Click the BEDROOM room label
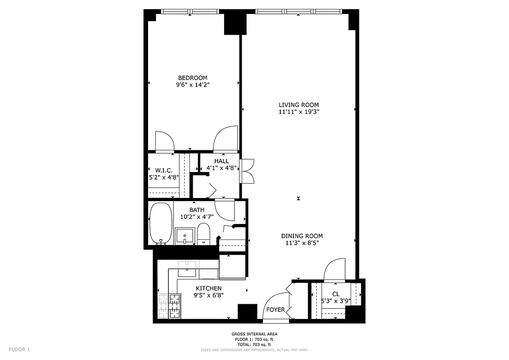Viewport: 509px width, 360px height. coord(192,78)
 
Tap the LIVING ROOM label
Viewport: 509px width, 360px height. coord(298,105)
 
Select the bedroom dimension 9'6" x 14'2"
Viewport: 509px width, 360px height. coord(192,85)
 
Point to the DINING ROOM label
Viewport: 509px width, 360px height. coord(302,236)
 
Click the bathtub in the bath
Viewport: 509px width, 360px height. coord(160,223)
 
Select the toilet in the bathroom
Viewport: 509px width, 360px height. coord(203,233)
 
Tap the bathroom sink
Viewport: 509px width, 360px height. coord(185,235)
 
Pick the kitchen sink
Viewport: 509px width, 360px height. coord(186,269)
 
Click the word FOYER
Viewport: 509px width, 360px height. coord(275,310)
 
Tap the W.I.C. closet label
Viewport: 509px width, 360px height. coord(164,170)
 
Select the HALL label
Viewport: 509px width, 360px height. coord(221,161)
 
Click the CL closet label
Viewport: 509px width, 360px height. coord(336,294)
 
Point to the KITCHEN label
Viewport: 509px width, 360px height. coord(208,288)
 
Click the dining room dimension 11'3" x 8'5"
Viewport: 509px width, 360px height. coord(302,243)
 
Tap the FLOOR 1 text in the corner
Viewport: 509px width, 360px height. coord(19,349)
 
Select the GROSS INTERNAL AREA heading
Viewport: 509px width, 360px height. coord(254,334)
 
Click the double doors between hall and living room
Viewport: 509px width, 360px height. coord(247,171)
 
